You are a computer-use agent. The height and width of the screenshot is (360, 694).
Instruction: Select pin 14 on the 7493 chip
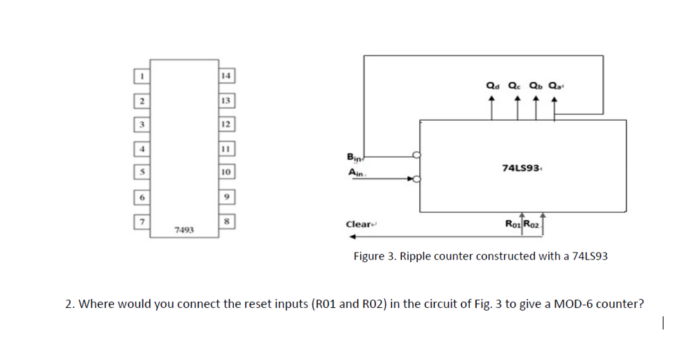coord(227,75)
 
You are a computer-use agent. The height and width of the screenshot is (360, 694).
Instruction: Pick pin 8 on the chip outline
coord(227,221)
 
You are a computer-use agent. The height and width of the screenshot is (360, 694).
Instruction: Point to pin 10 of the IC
coord(227,171)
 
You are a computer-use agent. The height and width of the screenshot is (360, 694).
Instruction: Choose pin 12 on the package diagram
coord(227,124)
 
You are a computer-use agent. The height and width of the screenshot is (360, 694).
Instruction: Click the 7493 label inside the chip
coord(184,228)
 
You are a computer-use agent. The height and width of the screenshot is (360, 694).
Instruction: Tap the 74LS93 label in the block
coord(520,167)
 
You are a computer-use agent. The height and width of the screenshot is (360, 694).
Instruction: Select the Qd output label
coord(492,87)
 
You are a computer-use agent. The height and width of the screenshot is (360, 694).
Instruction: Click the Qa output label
coord(555,87)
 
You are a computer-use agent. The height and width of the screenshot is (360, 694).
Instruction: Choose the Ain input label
coord(354,172)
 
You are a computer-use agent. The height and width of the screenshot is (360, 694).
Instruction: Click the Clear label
coord(358,223)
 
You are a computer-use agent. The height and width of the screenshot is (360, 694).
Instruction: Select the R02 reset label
coord(531,223)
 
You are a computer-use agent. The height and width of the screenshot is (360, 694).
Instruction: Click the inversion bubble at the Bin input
coord(417,155)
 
